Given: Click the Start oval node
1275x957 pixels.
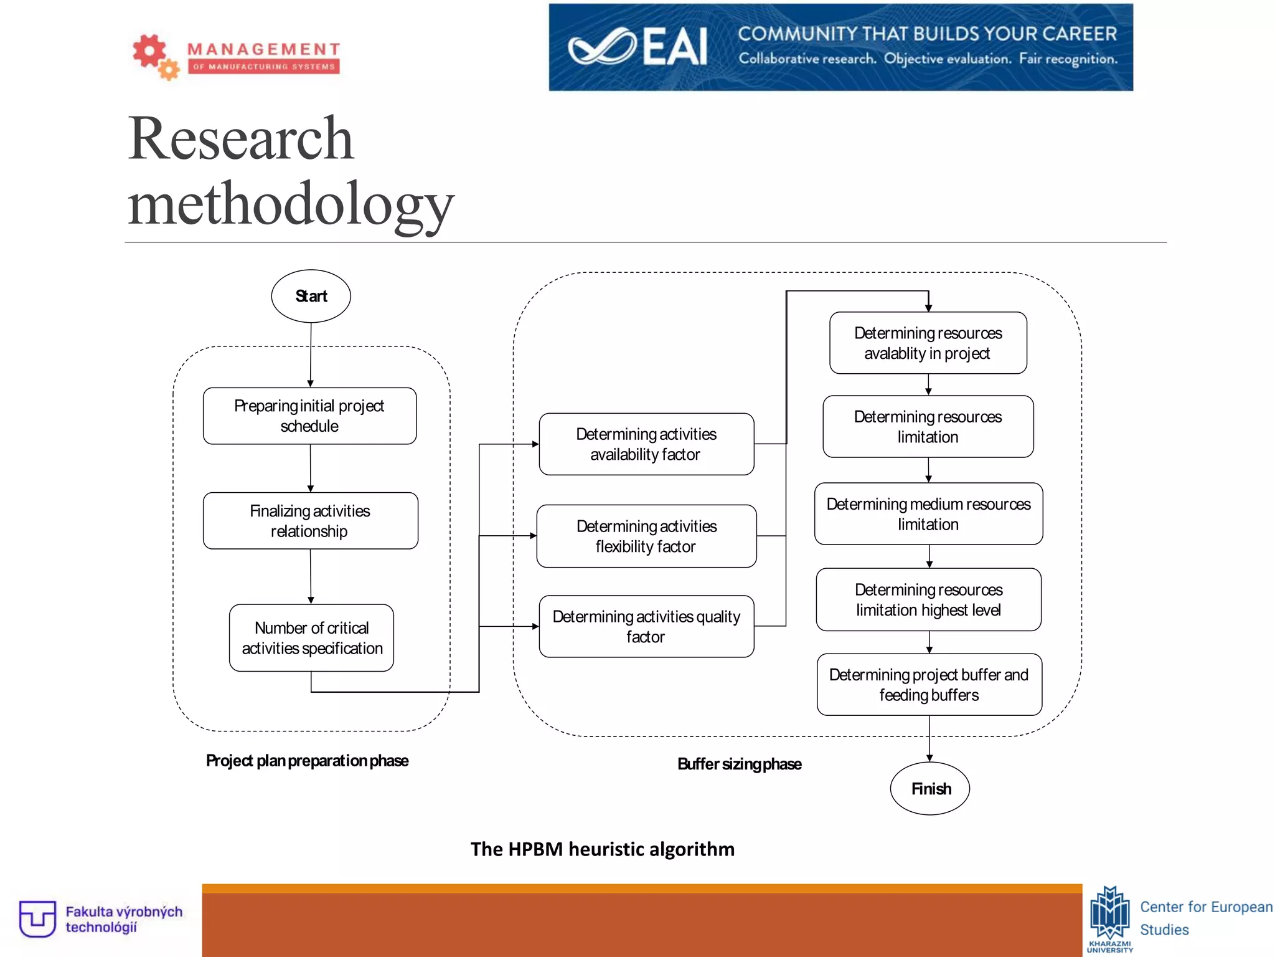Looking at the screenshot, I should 311,296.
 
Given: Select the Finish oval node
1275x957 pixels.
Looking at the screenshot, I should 930,789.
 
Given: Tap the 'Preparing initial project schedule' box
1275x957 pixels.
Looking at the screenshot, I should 309,416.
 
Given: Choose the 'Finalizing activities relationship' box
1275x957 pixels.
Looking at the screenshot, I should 310,521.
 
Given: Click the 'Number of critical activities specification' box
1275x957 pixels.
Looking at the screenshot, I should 311,638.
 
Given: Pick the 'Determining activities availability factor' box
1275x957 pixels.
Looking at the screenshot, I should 646,444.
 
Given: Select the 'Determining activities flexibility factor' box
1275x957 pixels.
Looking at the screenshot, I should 646,536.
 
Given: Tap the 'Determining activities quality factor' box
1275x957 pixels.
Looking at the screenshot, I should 646,627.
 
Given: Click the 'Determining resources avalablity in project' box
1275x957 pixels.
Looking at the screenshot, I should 928,343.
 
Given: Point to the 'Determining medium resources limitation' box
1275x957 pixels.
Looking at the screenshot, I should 928,514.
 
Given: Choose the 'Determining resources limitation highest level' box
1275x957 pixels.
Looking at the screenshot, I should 928,599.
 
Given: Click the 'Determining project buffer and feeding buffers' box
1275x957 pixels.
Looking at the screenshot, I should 929,685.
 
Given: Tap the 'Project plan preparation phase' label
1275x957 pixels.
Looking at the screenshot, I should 307,761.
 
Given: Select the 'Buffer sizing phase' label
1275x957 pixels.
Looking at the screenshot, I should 739,764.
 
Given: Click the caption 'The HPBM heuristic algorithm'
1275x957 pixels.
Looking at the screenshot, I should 602,849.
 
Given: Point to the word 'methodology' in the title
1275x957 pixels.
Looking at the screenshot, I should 291,204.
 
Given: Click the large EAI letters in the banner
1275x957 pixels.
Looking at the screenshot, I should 675,47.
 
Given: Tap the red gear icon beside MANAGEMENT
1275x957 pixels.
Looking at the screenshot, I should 149,51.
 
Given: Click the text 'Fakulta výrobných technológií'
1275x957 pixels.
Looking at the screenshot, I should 124,920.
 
